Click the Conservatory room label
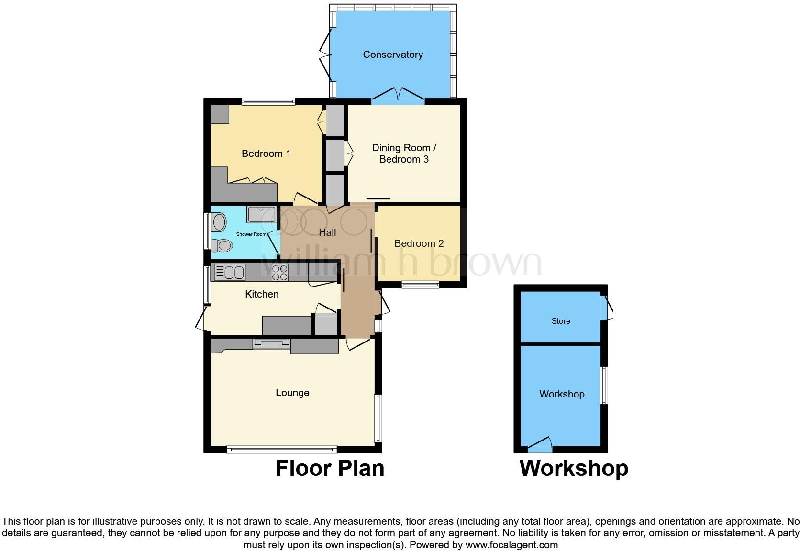(x=392, y=55)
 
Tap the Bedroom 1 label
(x=266, y=154)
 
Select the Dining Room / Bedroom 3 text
(x=404, y=154)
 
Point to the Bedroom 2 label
(x=419, y=243)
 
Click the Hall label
(x=327, y=232)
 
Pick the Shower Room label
(x=251, y=234)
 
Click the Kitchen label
(x=261, y=294)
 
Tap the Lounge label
(x=292, y=393)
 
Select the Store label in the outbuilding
(x=561, y=321)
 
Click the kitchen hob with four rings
(x=279, y=273)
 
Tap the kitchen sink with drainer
(x=230, y=273)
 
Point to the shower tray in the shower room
(x=261, y=214)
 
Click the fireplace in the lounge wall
(x=271, y=343)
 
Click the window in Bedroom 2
(x=420, y=285)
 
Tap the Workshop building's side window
(x=604, y=386)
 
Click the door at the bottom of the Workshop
(x=540, y=447)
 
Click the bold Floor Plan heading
(x=330, y=468)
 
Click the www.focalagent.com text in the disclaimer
(x=511, y=545)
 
